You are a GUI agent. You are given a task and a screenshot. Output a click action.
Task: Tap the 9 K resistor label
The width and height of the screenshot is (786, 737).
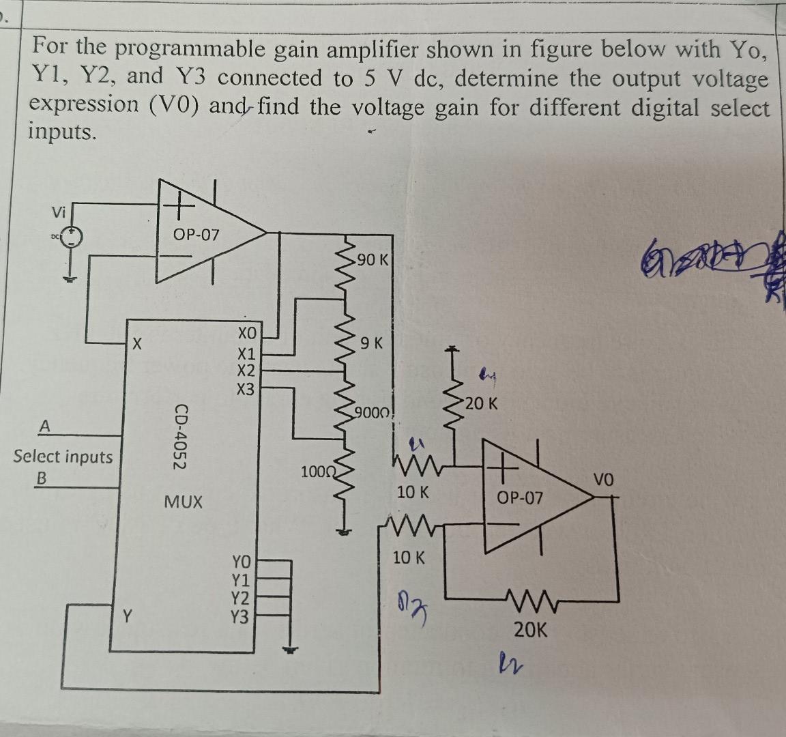tap(373, 343)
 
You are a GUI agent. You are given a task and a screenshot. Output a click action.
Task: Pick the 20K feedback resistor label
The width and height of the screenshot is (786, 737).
tap(530, 629)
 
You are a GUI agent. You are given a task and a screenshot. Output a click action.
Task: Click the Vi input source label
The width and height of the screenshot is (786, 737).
tap(59, 212)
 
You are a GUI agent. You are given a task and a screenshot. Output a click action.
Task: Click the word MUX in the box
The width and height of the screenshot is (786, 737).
tap(184, 502)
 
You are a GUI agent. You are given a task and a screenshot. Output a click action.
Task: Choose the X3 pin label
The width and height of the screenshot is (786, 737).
tap(246, 390)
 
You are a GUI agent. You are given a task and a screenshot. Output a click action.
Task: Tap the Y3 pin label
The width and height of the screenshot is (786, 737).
tap(242, 617)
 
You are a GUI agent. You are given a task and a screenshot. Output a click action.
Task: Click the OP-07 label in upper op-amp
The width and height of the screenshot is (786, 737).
tap(196, 235)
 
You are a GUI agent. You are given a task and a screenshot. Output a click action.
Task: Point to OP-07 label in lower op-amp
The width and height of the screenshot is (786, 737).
tap(520, 498)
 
